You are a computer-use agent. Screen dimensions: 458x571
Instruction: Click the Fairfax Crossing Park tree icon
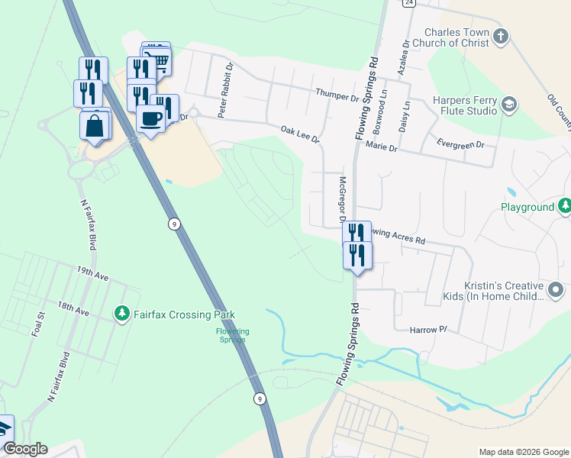tap(121, 314)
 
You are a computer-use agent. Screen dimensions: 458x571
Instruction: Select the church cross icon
tap(500, 37)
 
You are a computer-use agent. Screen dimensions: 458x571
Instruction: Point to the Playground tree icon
tap(564, 206)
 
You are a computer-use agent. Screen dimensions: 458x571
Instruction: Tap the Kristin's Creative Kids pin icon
tap(556, 289)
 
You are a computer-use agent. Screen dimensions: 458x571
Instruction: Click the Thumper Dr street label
tap(337, 95)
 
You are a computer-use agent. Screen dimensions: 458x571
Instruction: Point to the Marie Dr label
tap(382, 146)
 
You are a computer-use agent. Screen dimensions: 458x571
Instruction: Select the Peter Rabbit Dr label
tap(224, 100)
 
